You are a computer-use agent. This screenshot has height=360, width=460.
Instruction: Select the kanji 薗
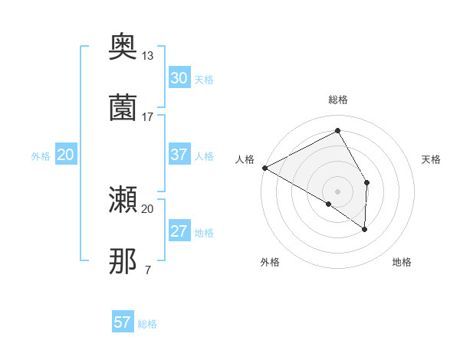(x=123, y=107)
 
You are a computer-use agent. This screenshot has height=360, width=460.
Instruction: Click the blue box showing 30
(x=179, y=77)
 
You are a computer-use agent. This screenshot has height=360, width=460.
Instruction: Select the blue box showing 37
(x=179, y=155)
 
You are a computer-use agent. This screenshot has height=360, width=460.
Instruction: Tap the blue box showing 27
(x=179, y=231)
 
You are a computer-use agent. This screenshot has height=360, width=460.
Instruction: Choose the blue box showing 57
(x=123, y=322)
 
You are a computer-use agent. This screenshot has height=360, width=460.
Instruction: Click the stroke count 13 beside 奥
(x=148, y=56)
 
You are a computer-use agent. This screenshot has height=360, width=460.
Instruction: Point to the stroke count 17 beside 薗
(x=148, y=116)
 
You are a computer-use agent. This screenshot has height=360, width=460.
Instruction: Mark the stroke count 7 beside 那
(x=147, y=270)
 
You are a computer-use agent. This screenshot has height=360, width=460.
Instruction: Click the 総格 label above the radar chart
(x=337, y=100)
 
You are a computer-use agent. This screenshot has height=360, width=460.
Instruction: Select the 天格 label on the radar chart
(x=432, y=159)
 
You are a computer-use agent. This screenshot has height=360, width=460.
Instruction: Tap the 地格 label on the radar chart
(x=402, y=262)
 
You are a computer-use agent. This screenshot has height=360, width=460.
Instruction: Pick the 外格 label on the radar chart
(x=270, y=262)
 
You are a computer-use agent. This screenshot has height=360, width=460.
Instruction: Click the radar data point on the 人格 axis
(x=264, y=167)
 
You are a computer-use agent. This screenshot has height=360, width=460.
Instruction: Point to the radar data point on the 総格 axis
(x=337, y=131)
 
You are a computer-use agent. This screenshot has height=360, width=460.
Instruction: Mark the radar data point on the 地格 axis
(x=365, y=228)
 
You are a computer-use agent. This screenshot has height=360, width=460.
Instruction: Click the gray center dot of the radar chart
(x=337, y=190)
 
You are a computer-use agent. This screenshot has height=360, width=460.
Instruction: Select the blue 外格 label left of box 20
(x=41, y=155)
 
